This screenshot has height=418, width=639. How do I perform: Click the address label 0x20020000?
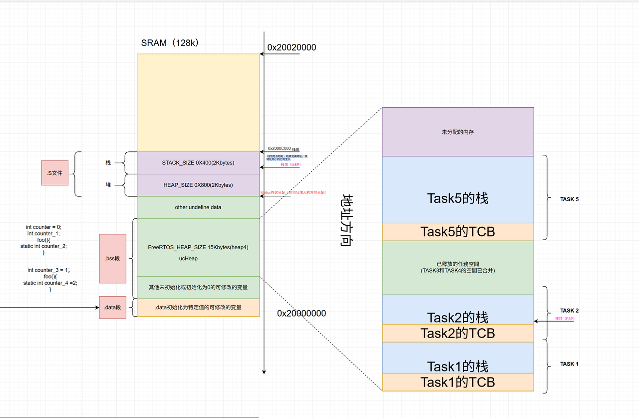[x=292, y=47]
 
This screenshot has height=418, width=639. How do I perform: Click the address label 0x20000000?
[x=302, y=314]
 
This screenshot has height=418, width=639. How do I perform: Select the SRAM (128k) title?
[x=171, y=43]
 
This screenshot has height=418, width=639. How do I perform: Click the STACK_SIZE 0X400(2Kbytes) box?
[x=198, y=163]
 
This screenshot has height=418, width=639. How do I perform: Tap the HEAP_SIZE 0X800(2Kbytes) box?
[x=198, y=185]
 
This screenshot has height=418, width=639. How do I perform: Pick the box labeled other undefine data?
[x=198, y=207]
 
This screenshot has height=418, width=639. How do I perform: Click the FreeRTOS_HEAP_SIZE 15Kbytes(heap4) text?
[x=198, y=247]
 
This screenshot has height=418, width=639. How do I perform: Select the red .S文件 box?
[x=54, y=172]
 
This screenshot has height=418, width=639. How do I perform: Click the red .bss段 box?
[x=112, y=259]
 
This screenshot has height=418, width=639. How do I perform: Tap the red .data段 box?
[x=112, y=307]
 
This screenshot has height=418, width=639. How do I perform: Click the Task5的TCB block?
[x=458, y=232]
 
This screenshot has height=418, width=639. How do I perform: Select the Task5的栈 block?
[x=458, y=198]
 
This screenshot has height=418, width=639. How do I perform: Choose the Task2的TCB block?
[x=458, y=333]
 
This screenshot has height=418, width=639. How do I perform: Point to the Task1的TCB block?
[x=458, y=382]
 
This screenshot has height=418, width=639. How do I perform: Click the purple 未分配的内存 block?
[x=458, y=132]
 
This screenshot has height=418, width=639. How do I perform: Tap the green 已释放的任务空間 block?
[x=458, y=267]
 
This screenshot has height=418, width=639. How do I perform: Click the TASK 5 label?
[x=570, y=199]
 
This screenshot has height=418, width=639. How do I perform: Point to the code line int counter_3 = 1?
[x=48, y=270]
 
